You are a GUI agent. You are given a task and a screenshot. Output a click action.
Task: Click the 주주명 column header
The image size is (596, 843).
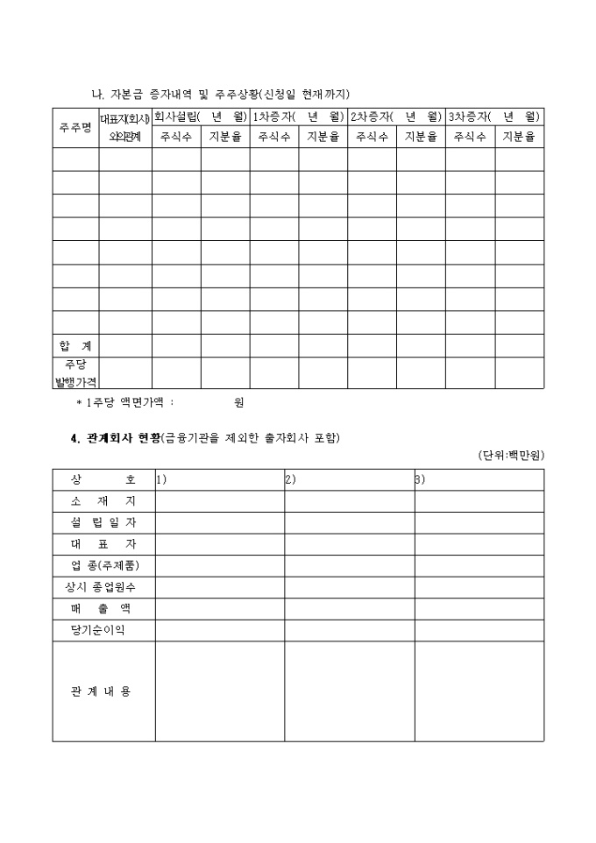(x=75, y=127)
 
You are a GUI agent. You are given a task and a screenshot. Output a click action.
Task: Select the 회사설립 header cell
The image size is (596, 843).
(x=201, y=117)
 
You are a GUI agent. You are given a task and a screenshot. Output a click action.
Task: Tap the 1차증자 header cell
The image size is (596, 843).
(x=298, y=117)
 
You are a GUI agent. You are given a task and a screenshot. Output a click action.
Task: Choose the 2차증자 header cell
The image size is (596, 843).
(x=396, y=117)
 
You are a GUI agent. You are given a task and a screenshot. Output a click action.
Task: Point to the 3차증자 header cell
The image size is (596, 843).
(x=494, y=117)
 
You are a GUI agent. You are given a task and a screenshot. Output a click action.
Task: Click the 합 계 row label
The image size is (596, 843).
(x=75, y=346)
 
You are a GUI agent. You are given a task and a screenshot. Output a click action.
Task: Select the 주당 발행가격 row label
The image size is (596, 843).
(x=75, y=372)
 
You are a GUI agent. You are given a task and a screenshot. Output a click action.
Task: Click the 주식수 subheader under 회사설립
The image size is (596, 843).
(x=176, y=138)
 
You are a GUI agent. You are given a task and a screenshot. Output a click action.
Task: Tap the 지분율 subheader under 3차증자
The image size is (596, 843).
(x=519, y=138)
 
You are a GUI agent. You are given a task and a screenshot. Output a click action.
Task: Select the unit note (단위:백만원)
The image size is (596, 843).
(x=511, y=456)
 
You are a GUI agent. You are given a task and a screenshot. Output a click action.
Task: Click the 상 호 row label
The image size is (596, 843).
(x=103, y=480)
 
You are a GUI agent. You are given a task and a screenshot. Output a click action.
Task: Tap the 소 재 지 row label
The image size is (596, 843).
(x=103, y=501)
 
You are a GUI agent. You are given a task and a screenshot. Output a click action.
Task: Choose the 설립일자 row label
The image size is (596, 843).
(x=103, y=523)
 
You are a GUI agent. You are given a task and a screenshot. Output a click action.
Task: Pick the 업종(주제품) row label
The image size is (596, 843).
(x=103, y=565)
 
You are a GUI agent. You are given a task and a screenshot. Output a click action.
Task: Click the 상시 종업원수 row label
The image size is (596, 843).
(x=103, y=587)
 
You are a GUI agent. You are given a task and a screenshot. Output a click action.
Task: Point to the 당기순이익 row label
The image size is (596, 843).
(x=103, y=630)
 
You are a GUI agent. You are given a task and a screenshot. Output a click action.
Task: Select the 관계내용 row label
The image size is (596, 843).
(x=103, y=691)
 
